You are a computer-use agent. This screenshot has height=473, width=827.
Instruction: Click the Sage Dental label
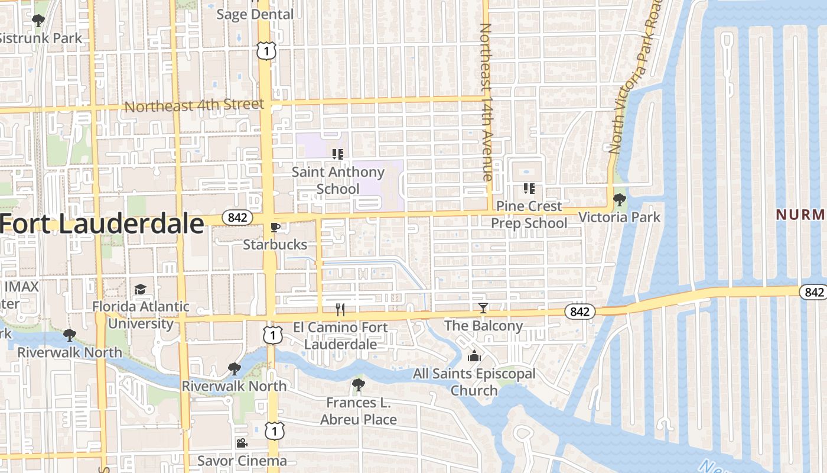coord(255,14)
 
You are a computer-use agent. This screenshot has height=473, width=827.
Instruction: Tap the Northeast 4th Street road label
coord(194,106)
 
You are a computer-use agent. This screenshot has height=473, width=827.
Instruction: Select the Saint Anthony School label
coord(338,180)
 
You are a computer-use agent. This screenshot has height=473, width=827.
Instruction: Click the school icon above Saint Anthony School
coord(338,155)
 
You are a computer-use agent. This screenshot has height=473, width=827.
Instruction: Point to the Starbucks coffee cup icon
coord(275,226)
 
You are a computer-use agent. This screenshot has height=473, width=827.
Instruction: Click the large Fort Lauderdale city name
coord(102,225)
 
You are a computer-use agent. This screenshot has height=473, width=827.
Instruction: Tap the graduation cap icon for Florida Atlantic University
coord(140,289)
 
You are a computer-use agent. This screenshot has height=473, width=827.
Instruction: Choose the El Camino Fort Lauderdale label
coord(340,335)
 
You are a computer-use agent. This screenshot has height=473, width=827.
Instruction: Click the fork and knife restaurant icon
coord(340,309)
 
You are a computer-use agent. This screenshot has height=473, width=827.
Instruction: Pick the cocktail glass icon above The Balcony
coord(483,308)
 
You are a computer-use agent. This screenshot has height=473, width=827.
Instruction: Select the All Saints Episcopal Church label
coord(474,382)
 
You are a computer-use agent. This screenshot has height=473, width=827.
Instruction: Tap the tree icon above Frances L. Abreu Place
coord(358,385)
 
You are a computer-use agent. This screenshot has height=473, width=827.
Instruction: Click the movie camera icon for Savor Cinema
coord(242,443)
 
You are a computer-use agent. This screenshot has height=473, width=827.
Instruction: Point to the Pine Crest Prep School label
coord(529,214)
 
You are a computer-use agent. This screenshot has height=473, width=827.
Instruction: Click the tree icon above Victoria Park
coord(619,200)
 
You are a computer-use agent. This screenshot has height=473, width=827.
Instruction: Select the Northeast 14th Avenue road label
coord(486,102)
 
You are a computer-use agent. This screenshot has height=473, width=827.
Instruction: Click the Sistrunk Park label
coord(40,38)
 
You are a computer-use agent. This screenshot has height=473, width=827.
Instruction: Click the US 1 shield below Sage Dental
coord(266,51)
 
